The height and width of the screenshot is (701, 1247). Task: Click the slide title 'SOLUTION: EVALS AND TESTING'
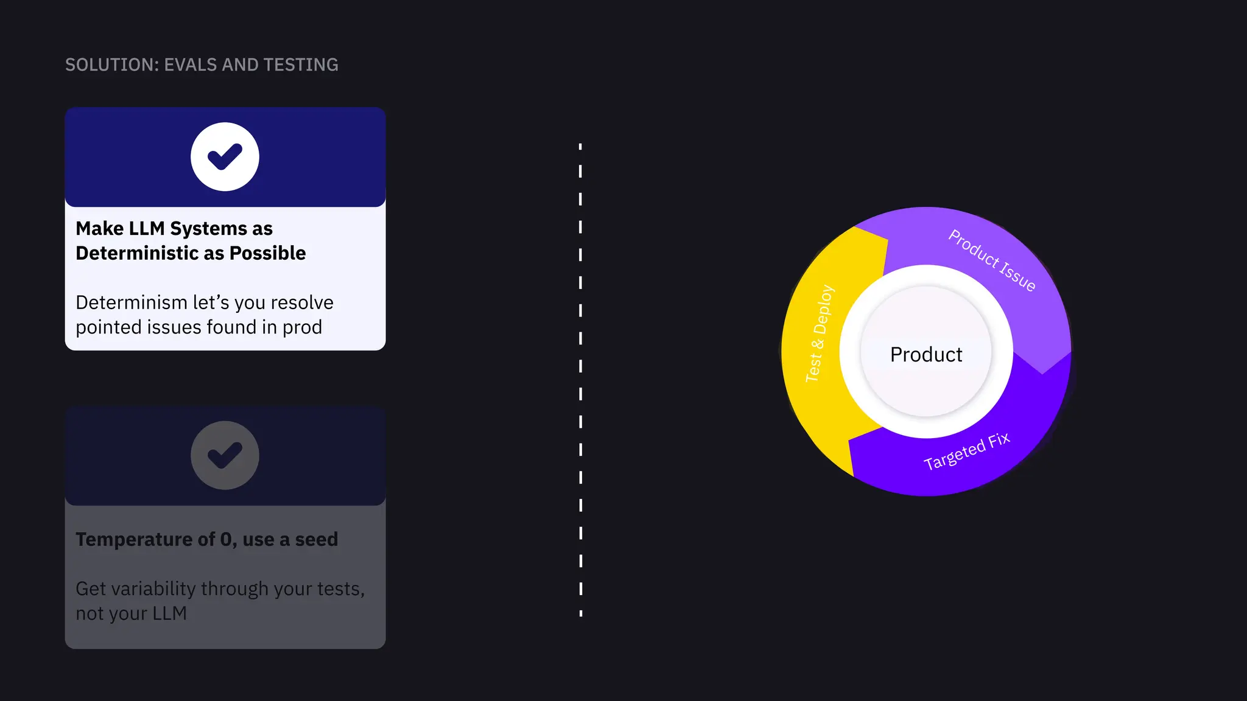(202, 65)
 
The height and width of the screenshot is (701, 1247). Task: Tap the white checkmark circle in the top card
(225, 157)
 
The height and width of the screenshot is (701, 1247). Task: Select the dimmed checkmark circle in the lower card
(225, 455)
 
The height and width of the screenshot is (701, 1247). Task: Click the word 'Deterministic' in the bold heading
(138, 253)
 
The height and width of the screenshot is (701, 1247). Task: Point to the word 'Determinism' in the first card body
(131, 302)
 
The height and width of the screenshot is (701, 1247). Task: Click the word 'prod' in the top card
(302, 327)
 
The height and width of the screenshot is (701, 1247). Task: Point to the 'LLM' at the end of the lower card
(169, 613)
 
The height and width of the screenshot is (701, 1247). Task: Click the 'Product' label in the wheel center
(926, 354)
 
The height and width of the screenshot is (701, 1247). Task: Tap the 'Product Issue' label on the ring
(992, 260)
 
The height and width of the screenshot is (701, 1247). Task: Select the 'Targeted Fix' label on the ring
(967, 452)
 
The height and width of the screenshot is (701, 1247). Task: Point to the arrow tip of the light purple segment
(1042, 372)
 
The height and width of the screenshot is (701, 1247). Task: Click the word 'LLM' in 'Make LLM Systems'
(147, 228)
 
